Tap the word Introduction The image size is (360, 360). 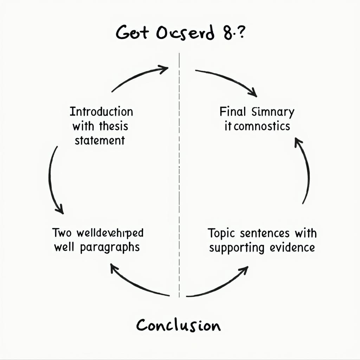[101, 112]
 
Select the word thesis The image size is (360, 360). [114, 126]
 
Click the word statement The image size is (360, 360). [99, 140]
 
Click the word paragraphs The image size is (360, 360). [110, 247]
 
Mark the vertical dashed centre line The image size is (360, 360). [179, 176]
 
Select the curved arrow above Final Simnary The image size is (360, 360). [227, 81]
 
